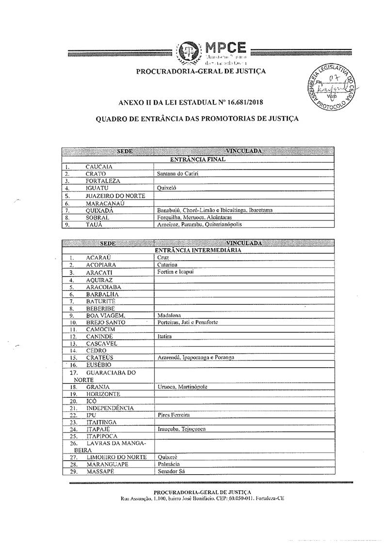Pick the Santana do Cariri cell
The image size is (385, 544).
[x=175, y=173]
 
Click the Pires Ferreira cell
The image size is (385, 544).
[x=174, y=415]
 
